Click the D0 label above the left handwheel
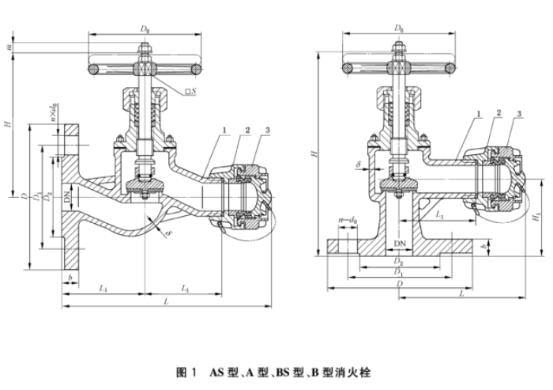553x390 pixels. [145, 29]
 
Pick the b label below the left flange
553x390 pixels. [70, 278]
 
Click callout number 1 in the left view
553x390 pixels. [225, 131]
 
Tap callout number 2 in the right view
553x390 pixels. [499, 115]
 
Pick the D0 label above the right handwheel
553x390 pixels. [401, 29]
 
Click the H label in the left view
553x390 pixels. [7, 125]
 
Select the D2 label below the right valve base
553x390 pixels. [400, 261]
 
